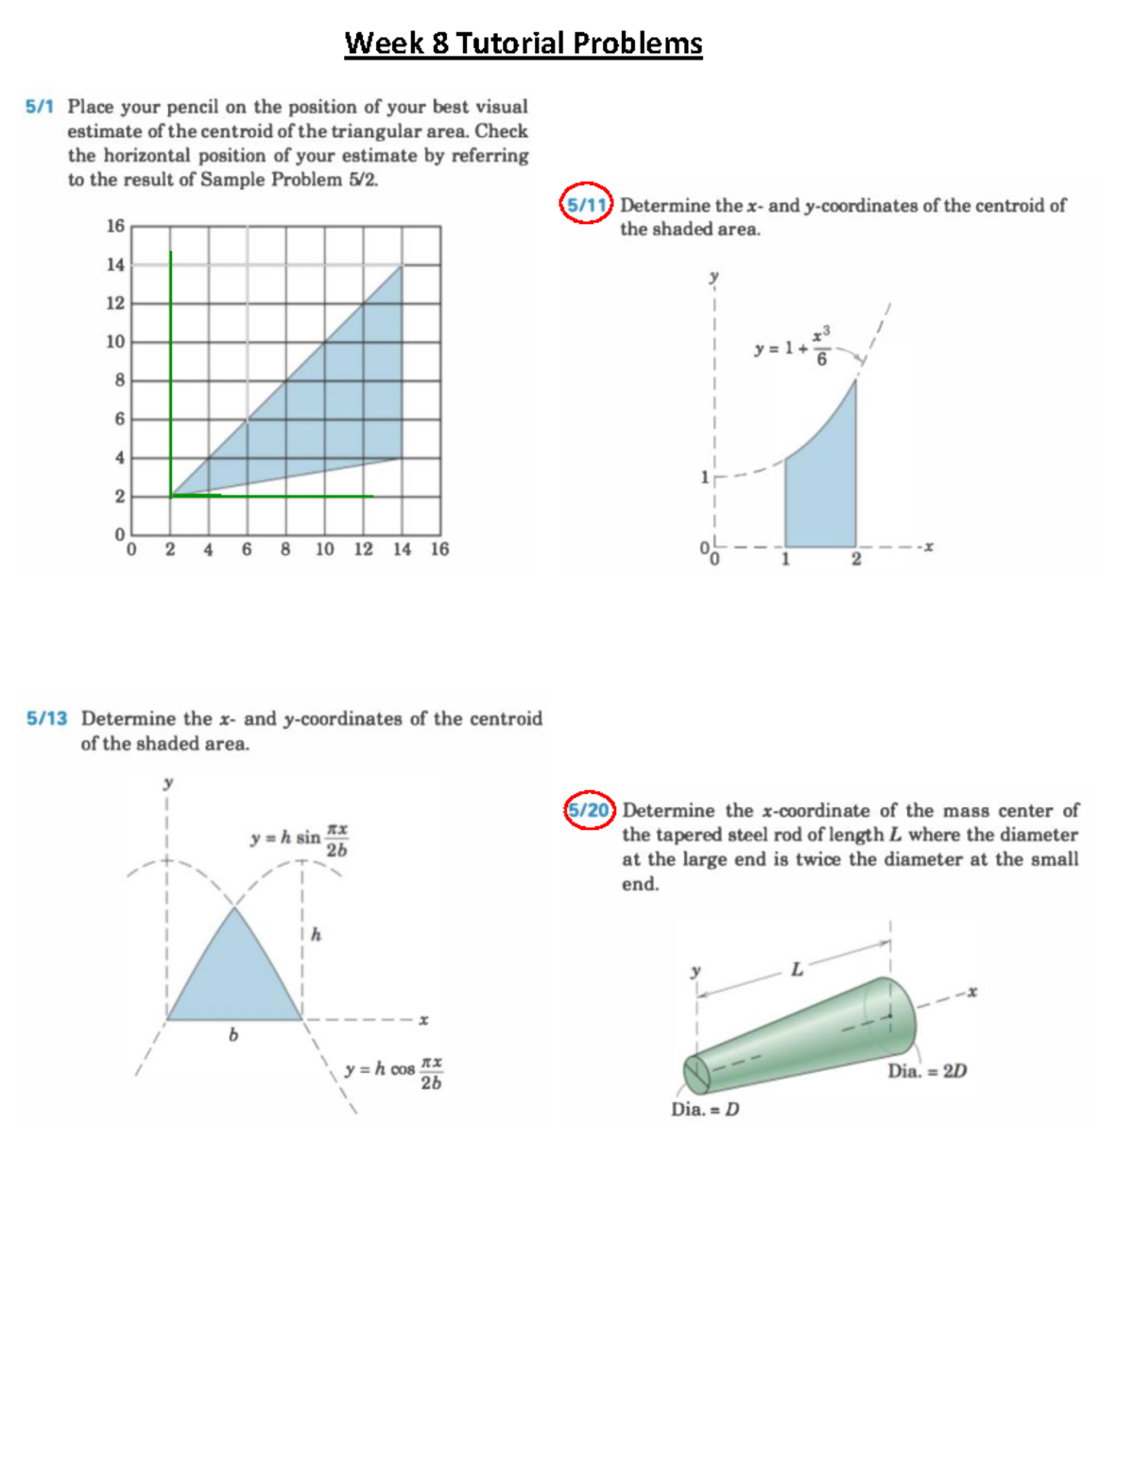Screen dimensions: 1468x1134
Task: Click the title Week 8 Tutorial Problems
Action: (x=523, y=43)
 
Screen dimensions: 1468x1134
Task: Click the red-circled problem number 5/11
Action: (x=586, y=203)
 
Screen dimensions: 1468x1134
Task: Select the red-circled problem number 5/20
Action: (x=590, y=811)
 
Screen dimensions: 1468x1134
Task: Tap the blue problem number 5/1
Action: (x=40, y=107)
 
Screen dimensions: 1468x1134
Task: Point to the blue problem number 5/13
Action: (x=46, y=718)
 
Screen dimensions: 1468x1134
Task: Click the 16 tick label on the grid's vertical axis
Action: (x=115, y=226)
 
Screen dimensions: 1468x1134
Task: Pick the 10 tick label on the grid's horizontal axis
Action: (x=324, y=549)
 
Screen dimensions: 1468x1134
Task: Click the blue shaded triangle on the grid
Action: (x=331, y=397)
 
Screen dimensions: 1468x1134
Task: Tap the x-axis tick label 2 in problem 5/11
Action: (x=856, y=560)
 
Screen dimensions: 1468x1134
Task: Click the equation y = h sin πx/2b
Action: (x=299, y=838)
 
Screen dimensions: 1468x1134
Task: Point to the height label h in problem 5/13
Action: (x=316, y=935)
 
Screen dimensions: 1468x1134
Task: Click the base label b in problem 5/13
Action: (x=233, y=1036)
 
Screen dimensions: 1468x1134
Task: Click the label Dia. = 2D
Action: (x=927, y=1071)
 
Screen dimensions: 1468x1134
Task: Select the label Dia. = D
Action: (x=705, y=1109)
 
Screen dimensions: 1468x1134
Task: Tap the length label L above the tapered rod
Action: (x=797, y=970)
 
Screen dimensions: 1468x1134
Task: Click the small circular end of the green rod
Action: (x=696, y=1072)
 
